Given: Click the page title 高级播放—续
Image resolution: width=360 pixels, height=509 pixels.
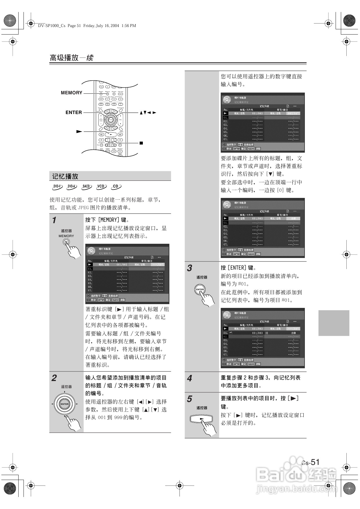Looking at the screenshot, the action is (x=71, y=58).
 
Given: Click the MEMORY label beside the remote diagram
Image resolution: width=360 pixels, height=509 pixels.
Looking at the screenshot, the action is (x=71, y=93).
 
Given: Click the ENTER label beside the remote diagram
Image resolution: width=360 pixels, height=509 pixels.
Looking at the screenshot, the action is (x=74, y=112).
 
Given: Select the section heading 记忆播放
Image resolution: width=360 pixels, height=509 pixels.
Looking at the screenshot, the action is (x=65, y=176).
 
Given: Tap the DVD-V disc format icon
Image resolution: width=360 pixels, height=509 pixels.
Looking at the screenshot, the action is (x=57, y=187).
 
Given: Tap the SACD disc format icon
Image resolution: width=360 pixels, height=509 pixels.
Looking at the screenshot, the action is (x=87, y=187).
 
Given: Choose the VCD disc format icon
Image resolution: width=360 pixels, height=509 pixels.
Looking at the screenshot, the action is (x=101, y=187).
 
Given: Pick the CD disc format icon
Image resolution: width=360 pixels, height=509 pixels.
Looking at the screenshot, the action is (x=116, y=187).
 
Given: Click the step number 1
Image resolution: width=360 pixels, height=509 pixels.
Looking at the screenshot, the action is (x=54, y=220).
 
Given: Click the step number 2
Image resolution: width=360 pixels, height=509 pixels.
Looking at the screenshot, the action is (x=54, y=378).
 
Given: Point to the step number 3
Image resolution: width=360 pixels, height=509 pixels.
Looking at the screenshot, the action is (x=190, y=268).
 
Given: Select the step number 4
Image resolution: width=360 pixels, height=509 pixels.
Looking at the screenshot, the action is (x=190, y=378).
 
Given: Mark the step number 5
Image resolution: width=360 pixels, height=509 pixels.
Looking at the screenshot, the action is (x=190, y=399).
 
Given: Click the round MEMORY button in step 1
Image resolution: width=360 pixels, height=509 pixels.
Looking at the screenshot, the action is (x=66, y=242).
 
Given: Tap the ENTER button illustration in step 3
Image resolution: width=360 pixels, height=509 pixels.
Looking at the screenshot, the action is (x=200, y=289).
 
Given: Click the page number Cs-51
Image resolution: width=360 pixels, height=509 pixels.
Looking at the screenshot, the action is (x=311, y=462).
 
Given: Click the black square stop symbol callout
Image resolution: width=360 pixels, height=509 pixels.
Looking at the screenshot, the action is (x=141, y=143).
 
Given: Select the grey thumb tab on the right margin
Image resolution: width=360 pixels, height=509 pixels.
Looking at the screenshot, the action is (x=334, y=323).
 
